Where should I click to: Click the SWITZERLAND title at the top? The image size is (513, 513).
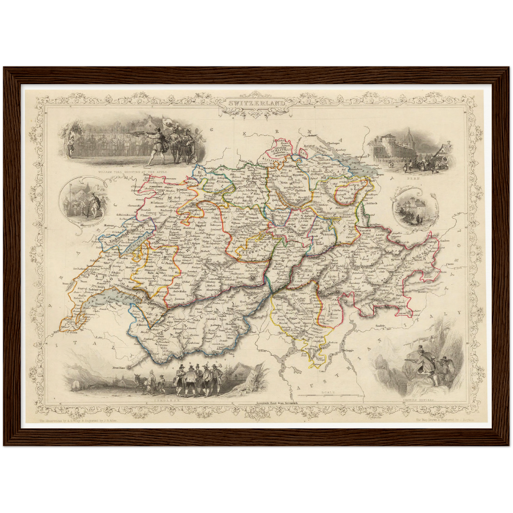(x=256, y=103)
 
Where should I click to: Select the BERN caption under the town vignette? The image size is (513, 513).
(x=414, y=179)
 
